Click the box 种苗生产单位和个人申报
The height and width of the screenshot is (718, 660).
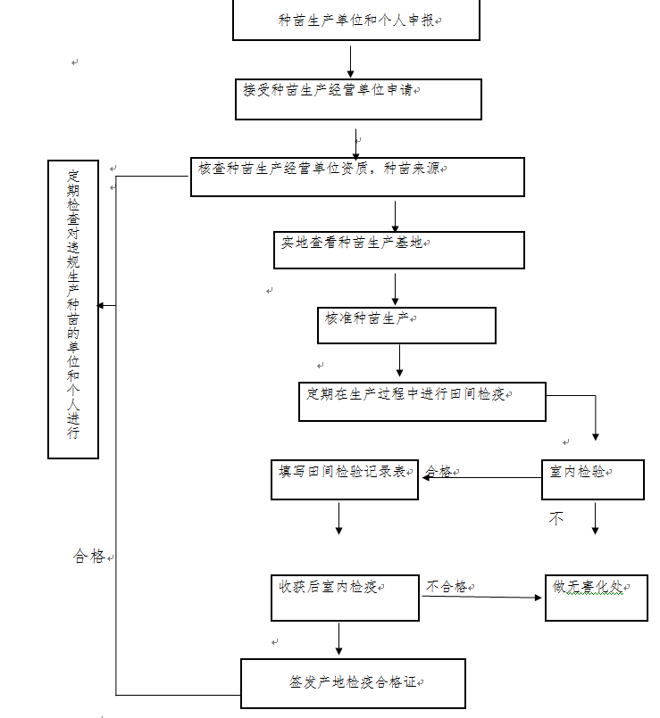[356, 21]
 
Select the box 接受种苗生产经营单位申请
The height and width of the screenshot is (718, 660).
[358, 99]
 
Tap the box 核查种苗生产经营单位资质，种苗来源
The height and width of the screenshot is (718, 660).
[357, 177]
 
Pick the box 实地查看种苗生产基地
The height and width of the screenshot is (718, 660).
[399, 250]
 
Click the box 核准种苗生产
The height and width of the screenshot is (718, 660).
[406, 326]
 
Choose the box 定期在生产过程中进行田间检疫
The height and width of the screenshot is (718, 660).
[422, 401]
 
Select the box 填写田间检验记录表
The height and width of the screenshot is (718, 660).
[345, 480]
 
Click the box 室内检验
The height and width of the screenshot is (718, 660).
[593, 480]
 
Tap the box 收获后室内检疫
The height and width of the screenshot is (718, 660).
[345, 598]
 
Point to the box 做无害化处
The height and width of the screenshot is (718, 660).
[597, 598]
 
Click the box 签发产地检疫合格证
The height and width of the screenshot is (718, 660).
[353, 683]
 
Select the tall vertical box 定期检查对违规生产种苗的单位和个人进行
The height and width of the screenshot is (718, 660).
[73, 309]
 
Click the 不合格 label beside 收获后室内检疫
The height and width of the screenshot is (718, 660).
[447, 587]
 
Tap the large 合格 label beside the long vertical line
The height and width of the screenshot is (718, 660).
[89, 556]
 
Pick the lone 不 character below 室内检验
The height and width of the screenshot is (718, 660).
[556, 518]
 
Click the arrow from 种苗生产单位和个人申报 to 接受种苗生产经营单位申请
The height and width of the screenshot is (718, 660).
[350, 62]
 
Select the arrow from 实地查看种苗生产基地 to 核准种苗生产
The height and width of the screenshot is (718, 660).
[395, 289]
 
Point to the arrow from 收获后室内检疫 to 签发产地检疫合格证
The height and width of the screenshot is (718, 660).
[339, 639]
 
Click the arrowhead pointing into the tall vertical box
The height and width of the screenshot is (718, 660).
[100, 305]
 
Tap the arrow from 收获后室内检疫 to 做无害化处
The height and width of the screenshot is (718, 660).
[481, 597]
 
